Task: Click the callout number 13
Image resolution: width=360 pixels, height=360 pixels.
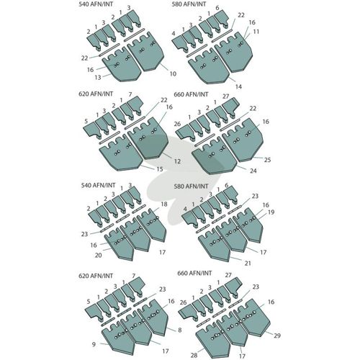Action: click(x=98, y=77)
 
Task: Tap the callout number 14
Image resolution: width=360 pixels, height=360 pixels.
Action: click(x=238, y=86)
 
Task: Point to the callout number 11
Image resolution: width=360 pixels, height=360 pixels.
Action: click(x=256, y=32)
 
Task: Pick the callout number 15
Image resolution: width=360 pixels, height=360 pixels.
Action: click(x=160, y=169)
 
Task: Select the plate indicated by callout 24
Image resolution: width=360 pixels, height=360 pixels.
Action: click(x=214, y=156)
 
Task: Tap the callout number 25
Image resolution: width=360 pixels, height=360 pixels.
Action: click(x=267, y=160)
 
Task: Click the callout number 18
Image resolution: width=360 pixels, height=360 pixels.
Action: click(x=164, y=204)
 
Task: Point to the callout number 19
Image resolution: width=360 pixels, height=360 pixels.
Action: click(x=271, y=212)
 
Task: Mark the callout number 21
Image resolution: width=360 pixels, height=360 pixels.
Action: click(x=248, y=264)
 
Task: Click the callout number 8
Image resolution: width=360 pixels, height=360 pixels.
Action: click(x=180, y=330)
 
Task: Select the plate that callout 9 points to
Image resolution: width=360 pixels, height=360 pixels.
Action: click(x=118, y=338)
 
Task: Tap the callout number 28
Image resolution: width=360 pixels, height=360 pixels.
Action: click(x=194, y=355)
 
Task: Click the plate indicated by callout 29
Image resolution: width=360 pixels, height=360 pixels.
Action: click(x=250, y=318)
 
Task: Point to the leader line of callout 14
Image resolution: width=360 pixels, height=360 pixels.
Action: click(x=232, y=81)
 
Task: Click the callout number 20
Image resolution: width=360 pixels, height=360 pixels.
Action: click(x=99, y=255)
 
